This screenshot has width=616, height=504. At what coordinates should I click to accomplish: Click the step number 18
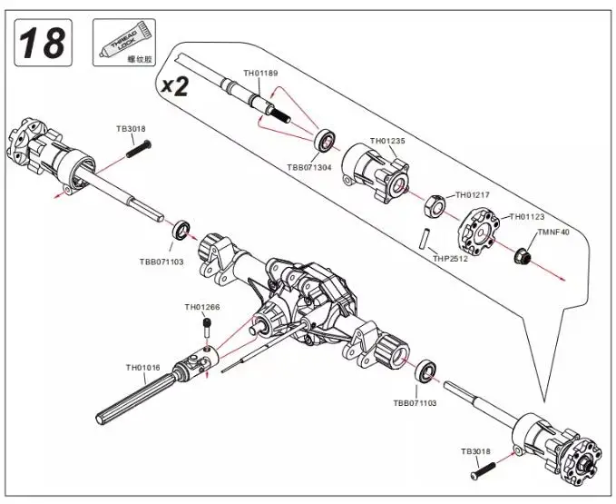(43, 43)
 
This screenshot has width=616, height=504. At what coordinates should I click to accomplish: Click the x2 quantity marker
(175, 86)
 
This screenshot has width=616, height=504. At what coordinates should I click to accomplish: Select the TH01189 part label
(260, 74)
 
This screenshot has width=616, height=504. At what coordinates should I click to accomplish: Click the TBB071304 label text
(309, 167)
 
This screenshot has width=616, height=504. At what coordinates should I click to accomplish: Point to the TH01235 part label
(387, 141)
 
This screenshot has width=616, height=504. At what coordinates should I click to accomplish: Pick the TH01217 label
(473, 194)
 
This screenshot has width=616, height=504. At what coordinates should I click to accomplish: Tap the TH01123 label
(527, 217)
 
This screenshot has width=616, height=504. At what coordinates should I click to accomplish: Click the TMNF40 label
(553, 232)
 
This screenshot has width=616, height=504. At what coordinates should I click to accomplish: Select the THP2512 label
(450, 259)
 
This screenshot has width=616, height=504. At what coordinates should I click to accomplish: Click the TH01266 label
(202, 307)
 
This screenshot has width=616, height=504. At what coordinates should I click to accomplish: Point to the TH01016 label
(143, 368)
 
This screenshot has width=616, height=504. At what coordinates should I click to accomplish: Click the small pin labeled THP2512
(425, 237)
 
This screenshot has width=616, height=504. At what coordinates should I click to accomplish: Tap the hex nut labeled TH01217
(435, 205)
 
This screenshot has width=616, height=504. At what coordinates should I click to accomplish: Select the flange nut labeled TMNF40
(523, 256)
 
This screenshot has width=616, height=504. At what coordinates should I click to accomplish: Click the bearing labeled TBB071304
(325, 140)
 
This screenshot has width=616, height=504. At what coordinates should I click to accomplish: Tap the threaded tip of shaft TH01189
(280, 114)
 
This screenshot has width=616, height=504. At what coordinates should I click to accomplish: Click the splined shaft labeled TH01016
(135, 399)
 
